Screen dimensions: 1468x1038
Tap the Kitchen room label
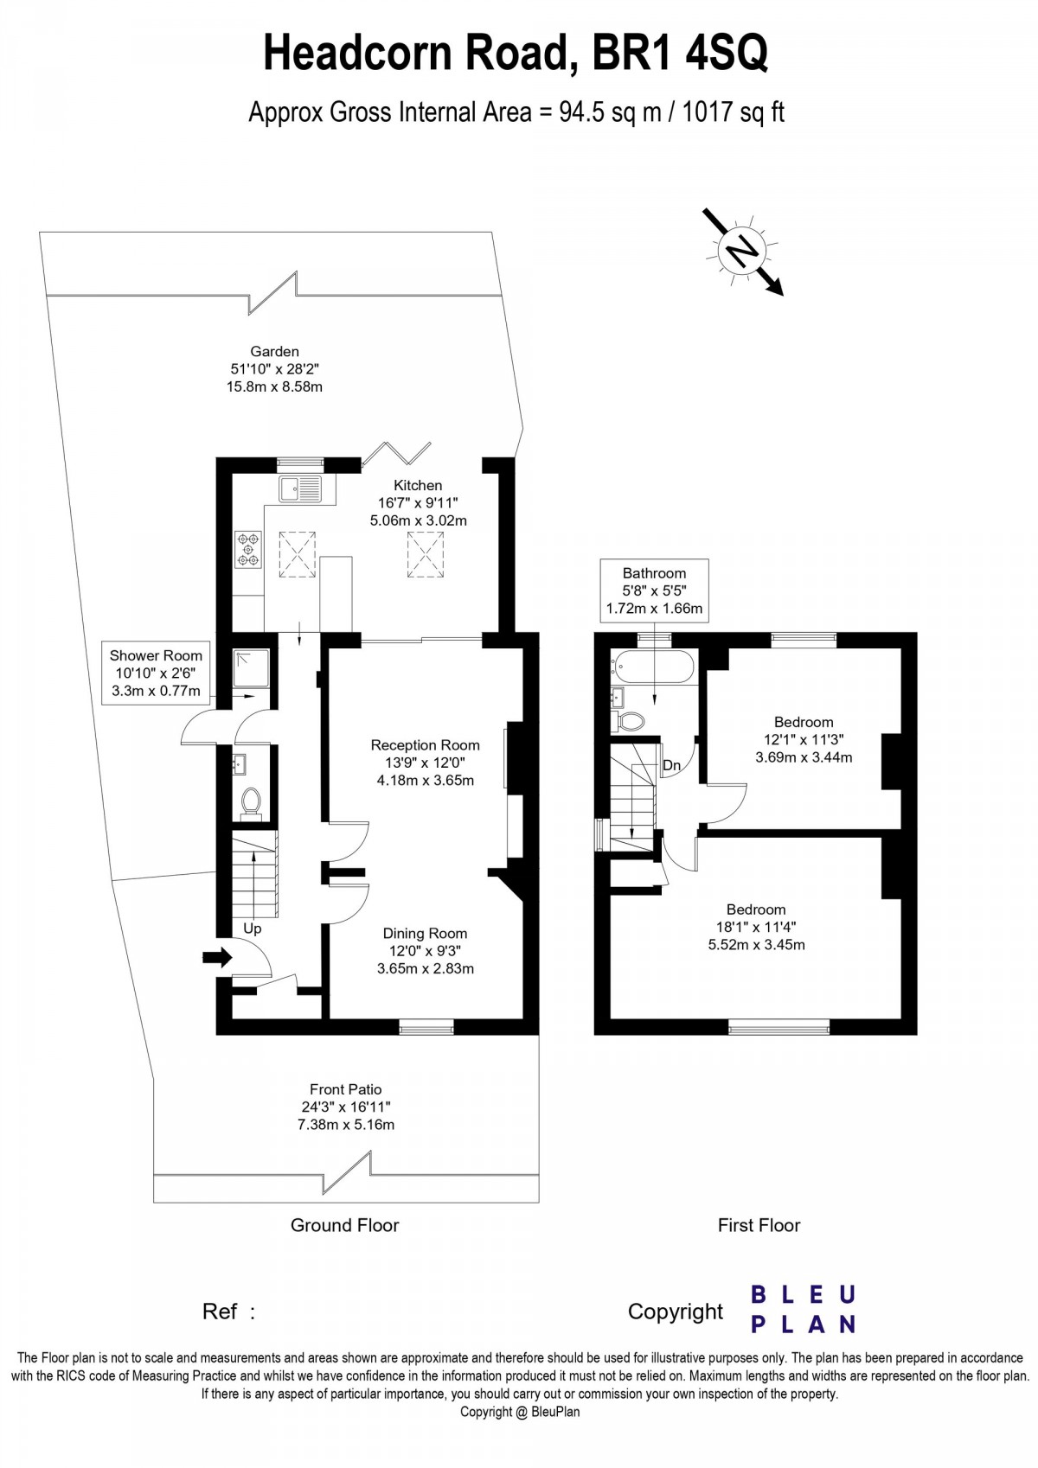(418, 503)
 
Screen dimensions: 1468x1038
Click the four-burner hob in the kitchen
(248, 550)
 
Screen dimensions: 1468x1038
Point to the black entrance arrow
(217, 957)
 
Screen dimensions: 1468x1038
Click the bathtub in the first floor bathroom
(653, 668)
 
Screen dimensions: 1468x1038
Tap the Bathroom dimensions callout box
(654, 590)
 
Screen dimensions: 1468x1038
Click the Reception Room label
(425, 762)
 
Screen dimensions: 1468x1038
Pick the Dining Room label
(425, 950)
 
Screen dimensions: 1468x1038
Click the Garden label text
(274, 368)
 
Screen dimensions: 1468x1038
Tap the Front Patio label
(346, 1107)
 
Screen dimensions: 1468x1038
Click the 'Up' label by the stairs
(252, 929)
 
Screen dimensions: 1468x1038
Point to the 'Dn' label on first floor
(671, 766)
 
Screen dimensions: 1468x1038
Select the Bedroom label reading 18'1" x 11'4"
(756, 927)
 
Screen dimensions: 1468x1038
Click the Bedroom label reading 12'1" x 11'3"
(804, 739)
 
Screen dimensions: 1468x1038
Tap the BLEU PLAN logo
(803, 1309)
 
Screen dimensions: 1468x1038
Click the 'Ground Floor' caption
(344, 1225)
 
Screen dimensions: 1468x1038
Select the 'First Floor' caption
(759, 1225)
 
